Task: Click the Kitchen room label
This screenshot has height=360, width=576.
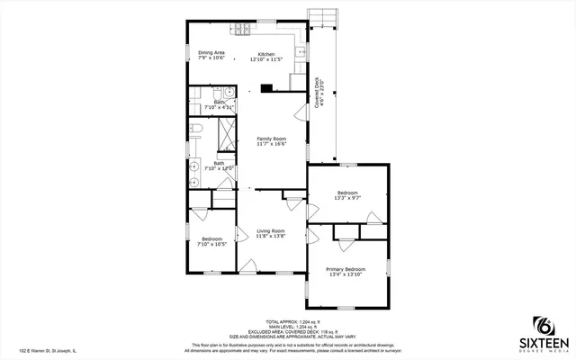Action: click(265, 57)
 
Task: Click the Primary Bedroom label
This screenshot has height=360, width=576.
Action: click(346, 272)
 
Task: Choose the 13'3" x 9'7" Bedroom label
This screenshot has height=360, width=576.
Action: click(347, 195)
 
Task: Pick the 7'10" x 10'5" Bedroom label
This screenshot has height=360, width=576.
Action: click(211, 241)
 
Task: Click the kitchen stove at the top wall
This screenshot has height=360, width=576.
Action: click(243, 31)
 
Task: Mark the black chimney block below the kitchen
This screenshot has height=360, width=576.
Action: click(266, 88)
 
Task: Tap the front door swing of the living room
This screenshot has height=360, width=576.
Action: click(249, 266)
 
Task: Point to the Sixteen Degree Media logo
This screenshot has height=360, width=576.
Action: click(543, 334)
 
